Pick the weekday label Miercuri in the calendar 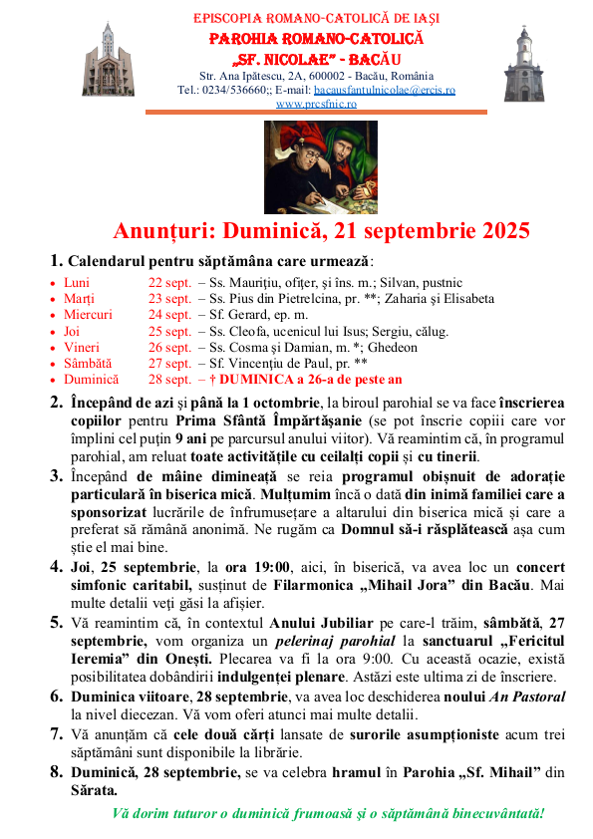[89, 314]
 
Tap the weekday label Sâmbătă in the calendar [90, 364]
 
